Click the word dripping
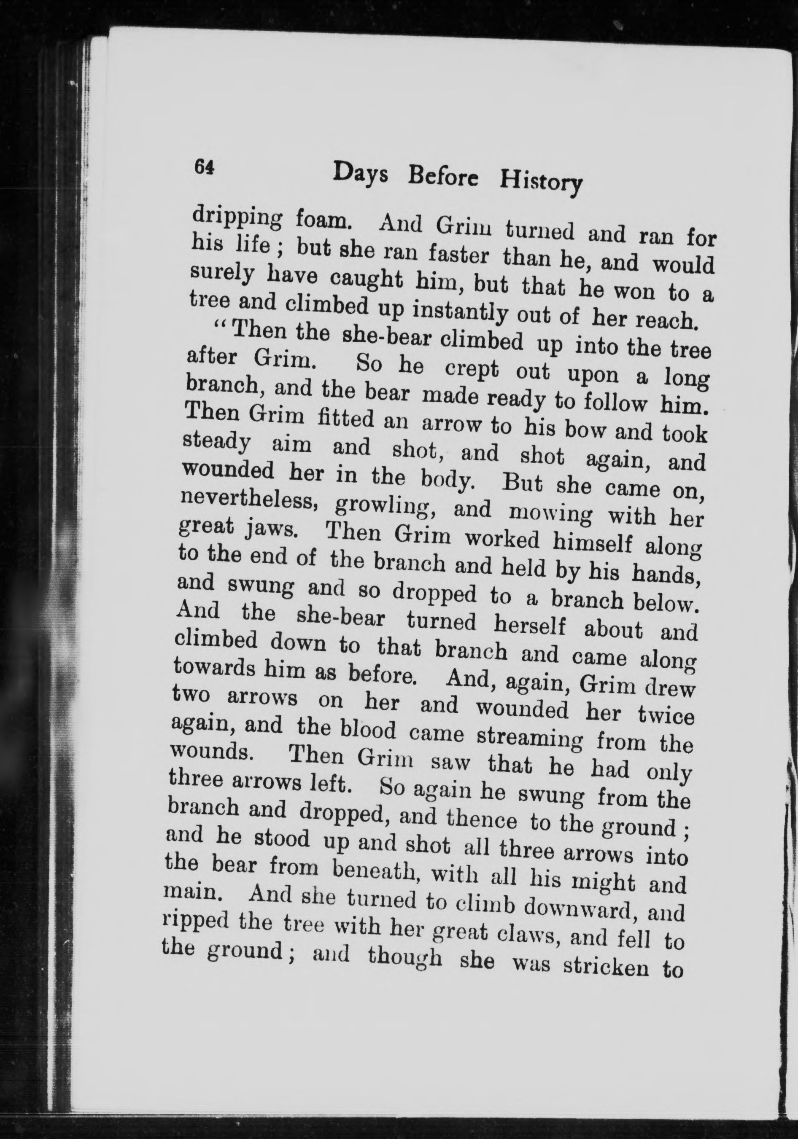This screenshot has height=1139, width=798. pyautogui.click(x=237, y=218)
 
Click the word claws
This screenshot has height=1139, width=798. pyautogui.click(x=528, y=934)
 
